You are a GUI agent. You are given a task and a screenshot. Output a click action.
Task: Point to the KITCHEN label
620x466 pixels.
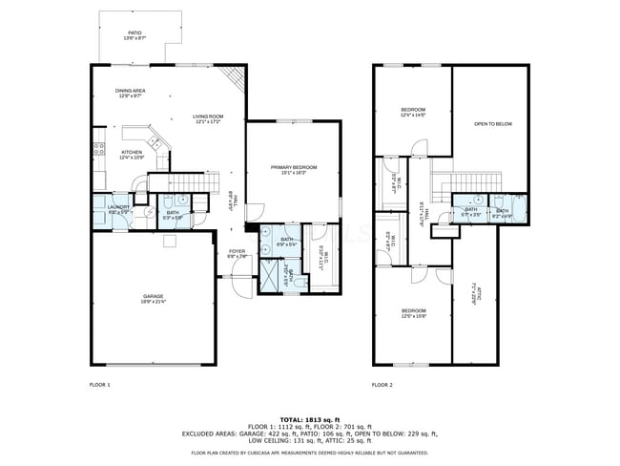(x=132, y=154)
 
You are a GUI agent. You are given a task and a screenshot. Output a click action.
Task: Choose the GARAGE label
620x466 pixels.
(x=154, y=299)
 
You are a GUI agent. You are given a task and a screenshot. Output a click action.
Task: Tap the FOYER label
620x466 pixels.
(x=237, y=253)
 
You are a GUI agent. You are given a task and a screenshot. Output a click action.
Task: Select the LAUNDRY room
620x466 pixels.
(x=118, y=209)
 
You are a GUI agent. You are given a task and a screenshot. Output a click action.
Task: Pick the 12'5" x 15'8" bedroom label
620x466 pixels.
(x=413, y=313)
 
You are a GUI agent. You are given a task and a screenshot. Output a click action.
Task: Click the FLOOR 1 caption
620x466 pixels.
(x=100, y=385)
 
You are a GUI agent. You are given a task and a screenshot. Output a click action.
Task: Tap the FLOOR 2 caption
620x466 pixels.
(x=382, y=385)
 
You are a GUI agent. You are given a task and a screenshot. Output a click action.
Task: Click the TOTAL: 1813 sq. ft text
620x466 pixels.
(x=309, y=419)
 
